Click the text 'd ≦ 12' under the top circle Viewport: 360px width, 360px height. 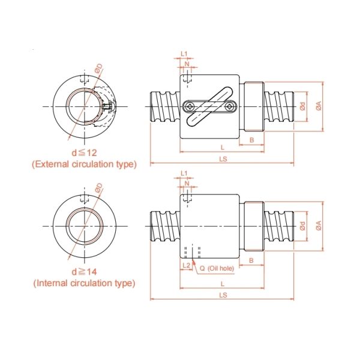[x=83, y=152]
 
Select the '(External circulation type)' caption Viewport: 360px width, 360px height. [x=84, y=164]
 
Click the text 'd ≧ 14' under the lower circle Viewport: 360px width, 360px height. [x=83, y=272]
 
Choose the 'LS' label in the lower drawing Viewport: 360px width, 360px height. [x=223, y=295]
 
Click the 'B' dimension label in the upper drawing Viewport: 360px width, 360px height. [x=252, y=140]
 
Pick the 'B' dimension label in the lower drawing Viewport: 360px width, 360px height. [x=252, y=260]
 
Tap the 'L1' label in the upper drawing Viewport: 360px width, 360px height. [x=185, y=54]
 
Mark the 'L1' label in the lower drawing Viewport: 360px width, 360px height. [x=185, y=173]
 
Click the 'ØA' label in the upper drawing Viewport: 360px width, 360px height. [x=319, y=106]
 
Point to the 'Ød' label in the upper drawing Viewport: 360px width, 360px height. [x=302, y=106]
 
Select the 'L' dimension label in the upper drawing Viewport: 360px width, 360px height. [x=223, y=147]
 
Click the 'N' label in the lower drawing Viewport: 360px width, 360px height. [x=188, y=184]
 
